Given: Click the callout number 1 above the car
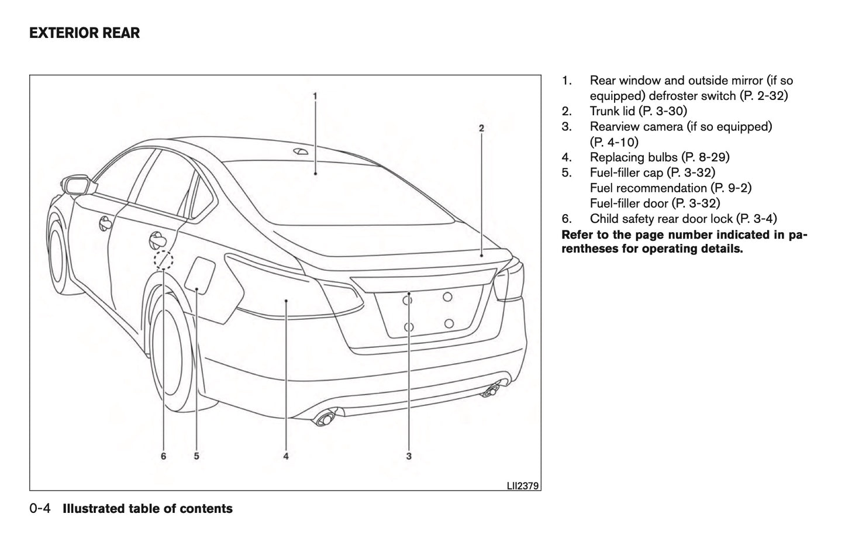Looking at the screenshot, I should click(x=315, y=95).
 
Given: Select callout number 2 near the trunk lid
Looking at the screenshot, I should click(x=481, y=127).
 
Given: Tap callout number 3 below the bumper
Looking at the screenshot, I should click(x=409, y=456).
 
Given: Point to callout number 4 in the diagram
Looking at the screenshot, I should click(x=286, y=456).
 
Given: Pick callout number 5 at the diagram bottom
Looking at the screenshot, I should click(x=196, y=456).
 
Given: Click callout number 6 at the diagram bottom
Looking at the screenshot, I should click(x=164, y=456).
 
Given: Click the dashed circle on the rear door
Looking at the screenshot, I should click(x=164, y=260).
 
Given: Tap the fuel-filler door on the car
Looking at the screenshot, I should click(x=200, y=274).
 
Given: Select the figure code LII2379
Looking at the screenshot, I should click(x=523, y=485).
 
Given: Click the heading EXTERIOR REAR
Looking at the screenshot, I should click(x=85, y=33).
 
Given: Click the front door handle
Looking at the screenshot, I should click(x=105, y=223).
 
